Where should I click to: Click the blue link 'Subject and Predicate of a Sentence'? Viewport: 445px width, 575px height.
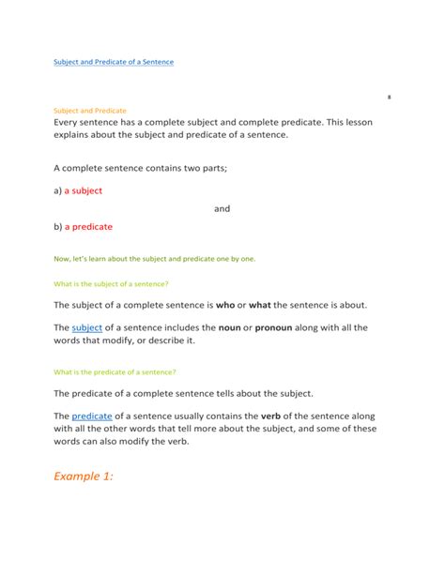114,62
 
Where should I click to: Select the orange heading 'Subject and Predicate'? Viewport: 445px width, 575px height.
90,111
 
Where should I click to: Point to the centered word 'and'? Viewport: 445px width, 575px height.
222,208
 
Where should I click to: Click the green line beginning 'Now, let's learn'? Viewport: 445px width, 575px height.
154,259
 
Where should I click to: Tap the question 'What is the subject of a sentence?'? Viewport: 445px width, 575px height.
111,283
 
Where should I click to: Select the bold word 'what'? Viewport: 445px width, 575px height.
260,306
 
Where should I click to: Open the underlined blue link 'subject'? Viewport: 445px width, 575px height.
86,327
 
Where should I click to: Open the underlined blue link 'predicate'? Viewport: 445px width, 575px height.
92,416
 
